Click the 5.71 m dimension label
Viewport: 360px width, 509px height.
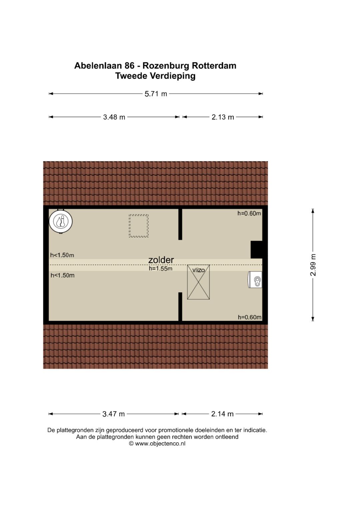[x=156, y=94]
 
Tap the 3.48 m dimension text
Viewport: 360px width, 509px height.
[x=114, y=117]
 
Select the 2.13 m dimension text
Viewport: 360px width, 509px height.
[x=223, y=117]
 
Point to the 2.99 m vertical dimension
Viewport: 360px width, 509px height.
[x=313, y=265]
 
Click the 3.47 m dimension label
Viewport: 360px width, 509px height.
[x=113, y=414]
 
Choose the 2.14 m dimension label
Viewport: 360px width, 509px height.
[x=222, y=414]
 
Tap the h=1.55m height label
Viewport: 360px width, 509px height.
[x=161, y=268]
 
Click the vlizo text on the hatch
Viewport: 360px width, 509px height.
[x=199, y=270]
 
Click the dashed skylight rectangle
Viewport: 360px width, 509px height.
[x=139, y=226]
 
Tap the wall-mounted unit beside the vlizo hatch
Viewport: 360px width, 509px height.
[x=255, y=280]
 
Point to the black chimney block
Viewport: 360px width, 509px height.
[x=257, y=250]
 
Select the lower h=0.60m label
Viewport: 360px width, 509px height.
[x=250, y=317]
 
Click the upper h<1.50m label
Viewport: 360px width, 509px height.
[x=62, y=255]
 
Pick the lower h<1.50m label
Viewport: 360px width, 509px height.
[x=63, y=275]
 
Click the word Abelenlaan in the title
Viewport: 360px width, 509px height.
[x=98, y=66]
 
